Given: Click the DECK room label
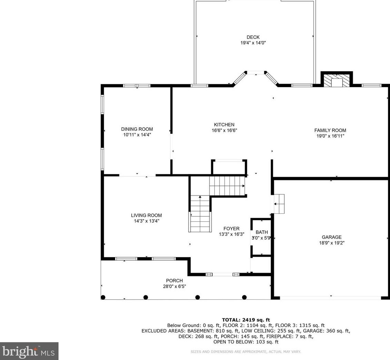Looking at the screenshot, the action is pos(253,37).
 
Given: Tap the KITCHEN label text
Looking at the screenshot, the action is pos(224,125).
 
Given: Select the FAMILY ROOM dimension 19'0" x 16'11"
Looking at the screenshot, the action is pos(330,136).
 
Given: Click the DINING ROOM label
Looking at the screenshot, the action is pos(137,129).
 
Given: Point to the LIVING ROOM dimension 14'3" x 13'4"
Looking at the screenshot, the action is pos(146,221).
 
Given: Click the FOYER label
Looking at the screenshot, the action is pos(231,229).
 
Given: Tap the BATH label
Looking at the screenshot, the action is pos(262,232).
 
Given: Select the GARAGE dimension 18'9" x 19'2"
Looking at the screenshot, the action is pos(331,243).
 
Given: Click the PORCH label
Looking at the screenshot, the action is pos(174,280).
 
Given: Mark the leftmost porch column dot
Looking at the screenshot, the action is pos(103,297).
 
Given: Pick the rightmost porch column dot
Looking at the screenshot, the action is pos(244,297).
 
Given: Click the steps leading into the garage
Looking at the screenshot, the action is pos(279,204).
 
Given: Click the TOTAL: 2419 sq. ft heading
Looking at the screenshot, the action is pos(246,320).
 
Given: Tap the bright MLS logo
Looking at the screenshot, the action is pos(29,351).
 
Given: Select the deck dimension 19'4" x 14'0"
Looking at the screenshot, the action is pos(253,43).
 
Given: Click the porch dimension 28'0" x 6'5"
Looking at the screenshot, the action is pos(174,286).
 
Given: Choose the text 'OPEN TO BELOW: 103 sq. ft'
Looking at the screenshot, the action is pos(246,342).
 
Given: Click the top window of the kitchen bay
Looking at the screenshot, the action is pos(256,73).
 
